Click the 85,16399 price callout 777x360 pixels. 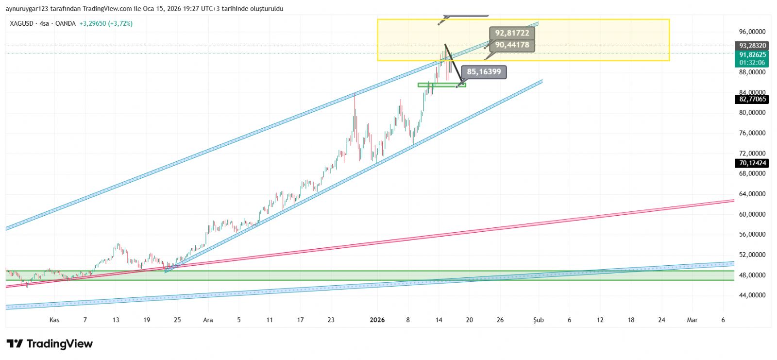coord(484,72)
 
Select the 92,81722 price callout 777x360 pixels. coord(512,33)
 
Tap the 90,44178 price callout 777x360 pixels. coord(512,45)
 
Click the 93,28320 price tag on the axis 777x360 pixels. coord(752,46)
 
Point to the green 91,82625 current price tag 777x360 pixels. coord(752,55)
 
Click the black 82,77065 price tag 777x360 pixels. coord(752,99)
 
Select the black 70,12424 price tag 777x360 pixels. coord(752,163)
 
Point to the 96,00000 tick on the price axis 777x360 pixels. coord(752,32)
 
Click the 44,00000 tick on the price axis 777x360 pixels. coord(752,295)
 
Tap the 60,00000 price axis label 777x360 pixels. coord(752,214)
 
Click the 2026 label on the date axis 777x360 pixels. coord(377,320)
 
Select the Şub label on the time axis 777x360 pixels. coord(539,320)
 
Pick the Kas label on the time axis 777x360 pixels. coord(54,320)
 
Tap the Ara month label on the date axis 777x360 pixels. coord(208,320)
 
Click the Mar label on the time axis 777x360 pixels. coord(692,320)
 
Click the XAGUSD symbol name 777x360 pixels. coord(21,23)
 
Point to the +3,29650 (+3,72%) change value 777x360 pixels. coord(106,23)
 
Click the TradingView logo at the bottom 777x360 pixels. coord(50,344)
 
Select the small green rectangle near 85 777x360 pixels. coord(441,85)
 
